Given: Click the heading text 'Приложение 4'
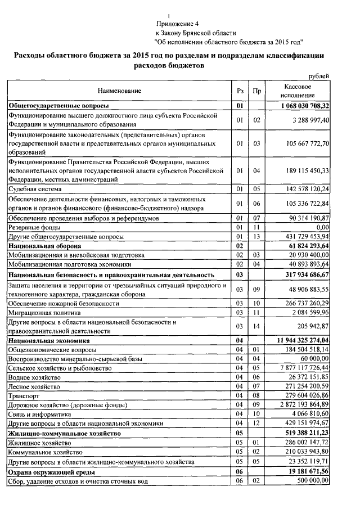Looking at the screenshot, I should (x=178, y=24).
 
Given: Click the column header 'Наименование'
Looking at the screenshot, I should (x=119, y=91).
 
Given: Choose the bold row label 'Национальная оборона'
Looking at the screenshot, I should (x=45, y=246).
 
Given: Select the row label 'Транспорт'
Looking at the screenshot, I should (x=23, y=395).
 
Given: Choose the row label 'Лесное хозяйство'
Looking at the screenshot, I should (x=33, y=386).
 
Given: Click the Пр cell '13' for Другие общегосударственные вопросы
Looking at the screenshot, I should (x=257, y=236).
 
